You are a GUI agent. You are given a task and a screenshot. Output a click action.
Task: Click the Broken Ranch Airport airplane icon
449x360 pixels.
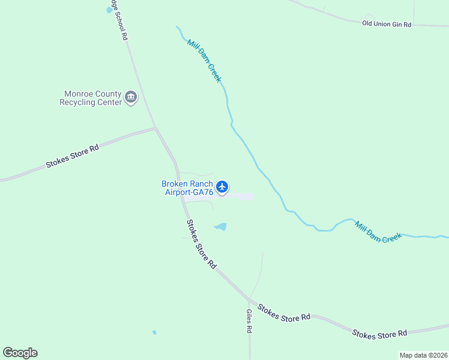click(x=222, y=187)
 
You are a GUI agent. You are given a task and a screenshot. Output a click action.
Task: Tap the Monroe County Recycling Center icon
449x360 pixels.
click(x=131, y=97)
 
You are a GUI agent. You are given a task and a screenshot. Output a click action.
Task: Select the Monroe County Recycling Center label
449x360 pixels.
click(x=90, y=98)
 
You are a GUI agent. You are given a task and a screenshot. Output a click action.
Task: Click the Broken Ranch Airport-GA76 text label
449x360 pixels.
click(x=187, y=188)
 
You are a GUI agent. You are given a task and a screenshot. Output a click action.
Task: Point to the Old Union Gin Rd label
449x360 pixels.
click(x=387, y=24)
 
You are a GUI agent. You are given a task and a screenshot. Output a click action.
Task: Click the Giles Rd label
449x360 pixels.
click(x=249, y=321)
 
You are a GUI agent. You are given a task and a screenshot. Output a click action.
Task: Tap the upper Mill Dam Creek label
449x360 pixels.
click(x=204, y=61)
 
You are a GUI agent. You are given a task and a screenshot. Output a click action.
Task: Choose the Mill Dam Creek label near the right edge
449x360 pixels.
click(x=378, y=232)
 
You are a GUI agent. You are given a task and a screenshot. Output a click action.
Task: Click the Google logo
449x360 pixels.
click(x=20, y=353)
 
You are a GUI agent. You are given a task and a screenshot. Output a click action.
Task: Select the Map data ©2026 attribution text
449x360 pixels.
click(x=424, y=355)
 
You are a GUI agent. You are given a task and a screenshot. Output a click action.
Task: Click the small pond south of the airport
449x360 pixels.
click(x=221, y=227)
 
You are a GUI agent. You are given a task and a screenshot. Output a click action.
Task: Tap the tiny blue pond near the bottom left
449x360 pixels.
click(x=154, y=332)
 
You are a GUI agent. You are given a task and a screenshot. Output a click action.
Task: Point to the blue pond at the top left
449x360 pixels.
click(x=109, y=10)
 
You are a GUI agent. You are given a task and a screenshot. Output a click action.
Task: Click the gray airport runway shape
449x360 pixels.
click(x=240, y=196)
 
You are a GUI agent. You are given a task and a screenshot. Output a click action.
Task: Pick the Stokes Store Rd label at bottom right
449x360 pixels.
click(x=379, y=334)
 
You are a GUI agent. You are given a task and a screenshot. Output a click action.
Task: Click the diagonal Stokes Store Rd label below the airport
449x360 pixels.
click(x=200, y=244)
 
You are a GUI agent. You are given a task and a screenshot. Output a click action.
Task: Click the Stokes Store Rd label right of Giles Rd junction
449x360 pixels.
click(x=284, y=313)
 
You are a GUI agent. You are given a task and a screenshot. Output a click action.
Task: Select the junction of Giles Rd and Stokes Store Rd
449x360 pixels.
click(x=249, y=299)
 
